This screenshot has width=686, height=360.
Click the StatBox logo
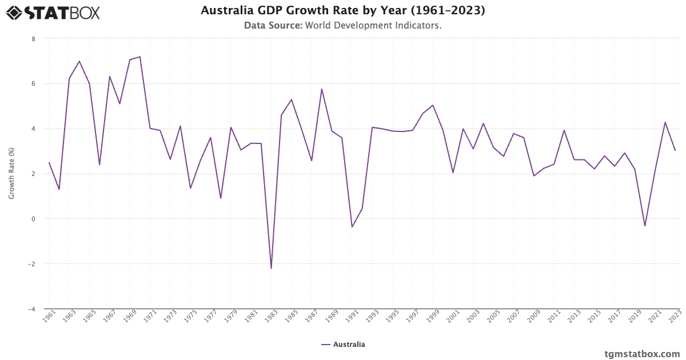(53, 13)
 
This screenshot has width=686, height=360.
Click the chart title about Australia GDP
(342, 11)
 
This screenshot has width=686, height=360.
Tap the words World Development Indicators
(373, 26)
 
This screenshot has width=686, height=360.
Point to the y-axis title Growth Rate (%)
(11, 173)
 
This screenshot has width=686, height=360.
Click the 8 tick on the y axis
(33, 39)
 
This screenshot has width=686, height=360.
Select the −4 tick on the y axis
(31, 309)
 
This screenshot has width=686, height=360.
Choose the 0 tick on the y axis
(33, 219)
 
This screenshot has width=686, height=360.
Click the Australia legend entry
(343, 345)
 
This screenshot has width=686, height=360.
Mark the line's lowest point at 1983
(271, 269)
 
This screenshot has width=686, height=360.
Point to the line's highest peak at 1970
(140, 57)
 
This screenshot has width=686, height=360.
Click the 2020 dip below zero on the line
(645, 226)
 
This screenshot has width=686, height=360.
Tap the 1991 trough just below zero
(352, 227)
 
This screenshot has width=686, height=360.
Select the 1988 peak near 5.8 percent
(322, 89)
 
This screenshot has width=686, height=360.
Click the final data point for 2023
(675, 150)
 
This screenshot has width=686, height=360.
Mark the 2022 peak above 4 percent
(665, 122)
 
